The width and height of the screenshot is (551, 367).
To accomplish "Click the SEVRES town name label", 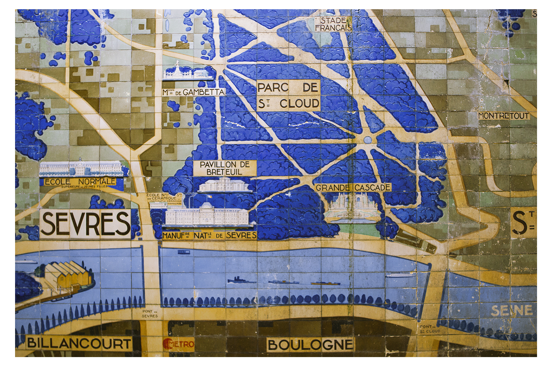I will (85, 223).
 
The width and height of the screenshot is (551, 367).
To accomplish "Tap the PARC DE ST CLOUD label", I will (288, 96).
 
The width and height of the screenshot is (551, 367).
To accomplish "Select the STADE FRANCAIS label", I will (333, 24).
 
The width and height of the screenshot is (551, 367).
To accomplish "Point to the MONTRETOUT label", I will (504, 116).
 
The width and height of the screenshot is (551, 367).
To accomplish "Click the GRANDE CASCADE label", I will (353, 188).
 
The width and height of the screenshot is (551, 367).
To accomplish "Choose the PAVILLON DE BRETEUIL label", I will (224, 168).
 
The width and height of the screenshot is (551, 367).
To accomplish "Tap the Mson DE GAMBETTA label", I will (194, 92).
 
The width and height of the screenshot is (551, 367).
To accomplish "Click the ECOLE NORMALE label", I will (80, 181).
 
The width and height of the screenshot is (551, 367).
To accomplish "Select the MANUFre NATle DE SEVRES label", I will (209, 235).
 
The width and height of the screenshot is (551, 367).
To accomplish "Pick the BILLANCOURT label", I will (79, 343).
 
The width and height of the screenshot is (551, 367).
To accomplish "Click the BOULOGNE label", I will (310, 345).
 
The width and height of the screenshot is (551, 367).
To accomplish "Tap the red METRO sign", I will (179, 344).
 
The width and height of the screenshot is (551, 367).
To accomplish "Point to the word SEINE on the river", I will (512, 311).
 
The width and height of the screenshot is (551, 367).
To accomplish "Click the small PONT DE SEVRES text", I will (150, 313).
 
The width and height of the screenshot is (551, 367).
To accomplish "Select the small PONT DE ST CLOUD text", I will (430, 329).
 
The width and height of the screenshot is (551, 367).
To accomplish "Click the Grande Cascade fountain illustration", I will (351, 208).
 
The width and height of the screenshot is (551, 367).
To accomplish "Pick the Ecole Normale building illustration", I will (81, 169).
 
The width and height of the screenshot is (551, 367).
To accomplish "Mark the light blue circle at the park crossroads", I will (368, 140).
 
